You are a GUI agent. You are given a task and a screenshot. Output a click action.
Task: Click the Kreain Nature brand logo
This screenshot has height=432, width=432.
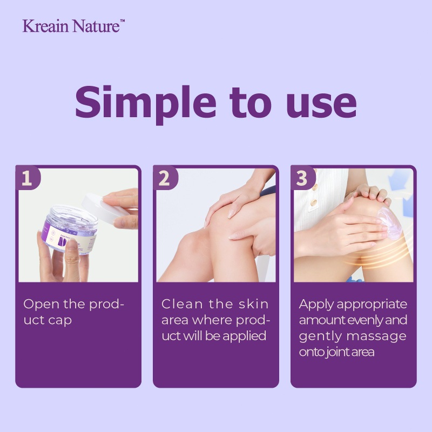coord(73,26)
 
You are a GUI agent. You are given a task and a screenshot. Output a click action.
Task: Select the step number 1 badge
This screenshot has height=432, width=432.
coord(28,178)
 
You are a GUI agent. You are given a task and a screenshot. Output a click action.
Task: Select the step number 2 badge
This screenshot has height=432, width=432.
coord(165,178)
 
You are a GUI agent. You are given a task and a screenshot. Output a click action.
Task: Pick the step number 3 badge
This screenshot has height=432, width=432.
coord(302,178)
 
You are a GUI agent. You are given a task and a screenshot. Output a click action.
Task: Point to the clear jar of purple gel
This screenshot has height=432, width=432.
coord(70,228)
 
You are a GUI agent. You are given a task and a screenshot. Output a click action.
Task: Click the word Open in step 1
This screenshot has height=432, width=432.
coord(42,305)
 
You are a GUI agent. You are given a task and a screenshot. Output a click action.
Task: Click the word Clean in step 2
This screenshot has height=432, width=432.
coord(182,304)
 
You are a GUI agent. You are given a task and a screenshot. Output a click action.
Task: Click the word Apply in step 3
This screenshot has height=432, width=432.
coord(316,305)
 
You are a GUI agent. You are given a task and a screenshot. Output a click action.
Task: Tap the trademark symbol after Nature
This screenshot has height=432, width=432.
coord(123,21)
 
